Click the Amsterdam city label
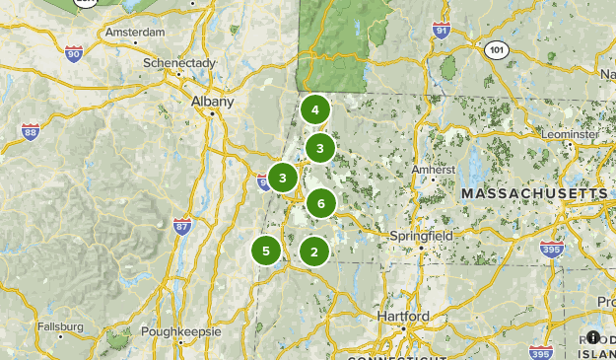pyautogui.click(x=134, y=32)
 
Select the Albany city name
pyautogui.click(x=213, y=101)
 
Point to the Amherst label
pyautogui.click(x=433, y=169)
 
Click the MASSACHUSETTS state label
pyautogui.click(x=535, y=194)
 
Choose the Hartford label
pyautogui.click(x=402, y=317)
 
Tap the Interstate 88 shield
pyautogui.click(x=30, y=130)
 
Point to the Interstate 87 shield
pyautogui.click(x=181, y=226)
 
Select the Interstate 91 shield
pyautogui.click(x=441, y=32)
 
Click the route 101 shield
pyautogui.click(x=498, y=49)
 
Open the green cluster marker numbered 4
pyautogui.click(x=314, y=109)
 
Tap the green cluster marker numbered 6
pyautogui.click(x=320, y=204)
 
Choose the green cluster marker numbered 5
pyautogui.click(x=265, y=251)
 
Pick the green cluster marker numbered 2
pyautogui.click(x=313, y=252)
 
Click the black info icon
pyautogui.click(x=593, y=336)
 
